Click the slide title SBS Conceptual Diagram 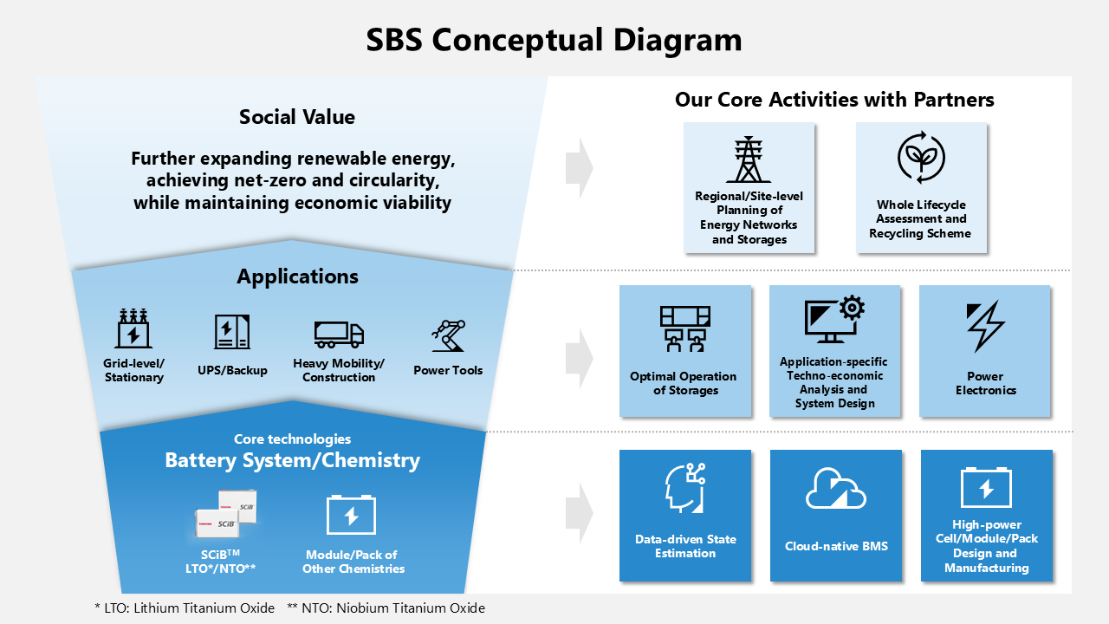(x=554, y=40)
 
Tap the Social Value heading (x=297, y=117)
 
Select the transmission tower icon (x=749, y=159)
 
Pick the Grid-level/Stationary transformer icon (x=133, y=330)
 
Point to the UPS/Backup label (x=232, y=370)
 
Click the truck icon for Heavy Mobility (x=339, y=334)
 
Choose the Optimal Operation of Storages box (x=684, y=350)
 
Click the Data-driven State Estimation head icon (x=684, y=488)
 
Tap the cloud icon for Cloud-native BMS (x=836, y=490)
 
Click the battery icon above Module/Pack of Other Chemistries (x=351, y=515)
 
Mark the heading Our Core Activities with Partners (x=834, y=100)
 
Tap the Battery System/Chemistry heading (x=292, y=460)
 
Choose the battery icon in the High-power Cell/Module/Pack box (x=986, y=487)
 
